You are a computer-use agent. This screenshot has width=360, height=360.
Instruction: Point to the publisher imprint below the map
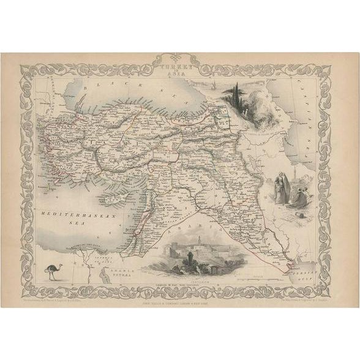pos(180,283)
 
